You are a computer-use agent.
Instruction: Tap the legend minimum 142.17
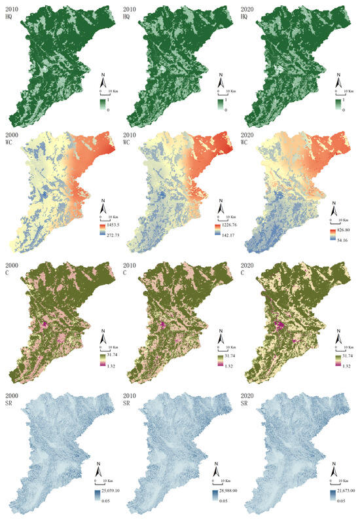[226, 233]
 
